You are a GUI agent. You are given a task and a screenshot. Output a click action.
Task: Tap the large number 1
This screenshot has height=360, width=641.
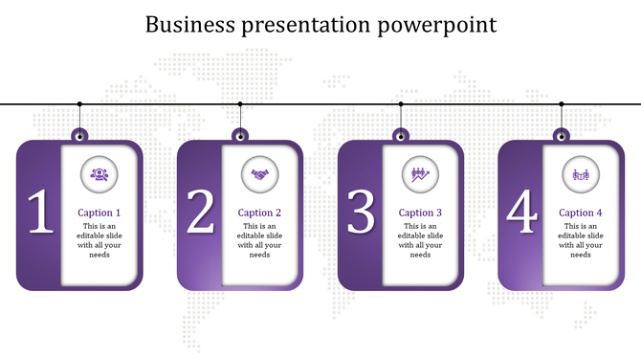39,214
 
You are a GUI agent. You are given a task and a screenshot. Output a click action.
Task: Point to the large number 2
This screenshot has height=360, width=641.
200,214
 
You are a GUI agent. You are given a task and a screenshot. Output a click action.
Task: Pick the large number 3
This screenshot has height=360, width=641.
361,214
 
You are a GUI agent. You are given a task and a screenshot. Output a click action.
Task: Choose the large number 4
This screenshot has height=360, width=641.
521,214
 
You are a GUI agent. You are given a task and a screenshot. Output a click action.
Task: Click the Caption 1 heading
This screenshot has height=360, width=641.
99,213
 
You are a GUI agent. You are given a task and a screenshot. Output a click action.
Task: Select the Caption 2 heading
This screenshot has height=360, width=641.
259,213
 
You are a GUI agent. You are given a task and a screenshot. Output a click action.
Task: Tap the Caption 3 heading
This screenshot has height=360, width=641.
420,213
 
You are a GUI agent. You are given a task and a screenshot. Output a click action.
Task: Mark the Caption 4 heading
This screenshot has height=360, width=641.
581,213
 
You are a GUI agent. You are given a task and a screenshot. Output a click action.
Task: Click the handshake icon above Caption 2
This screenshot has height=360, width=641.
259,173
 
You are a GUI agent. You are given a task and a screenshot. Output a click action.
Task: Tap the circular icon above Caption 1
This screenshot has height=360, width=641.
99,173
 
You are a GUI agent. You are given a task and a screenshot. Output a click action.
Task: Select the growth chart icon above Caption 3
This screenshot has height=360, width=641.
420,173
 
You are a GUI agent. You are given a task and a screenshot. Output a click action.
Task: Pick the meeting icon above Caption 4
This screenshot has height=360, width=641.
581,173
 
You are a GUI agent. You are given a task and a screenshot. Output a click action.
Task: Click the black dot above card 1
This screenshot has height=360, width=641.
79,103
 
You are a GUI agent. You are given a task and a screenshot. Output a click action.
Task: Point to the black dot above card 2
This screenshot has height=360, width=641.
240,103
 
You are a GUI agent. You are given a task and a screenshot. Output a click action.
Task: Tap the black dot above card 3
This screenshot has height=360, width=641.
401,103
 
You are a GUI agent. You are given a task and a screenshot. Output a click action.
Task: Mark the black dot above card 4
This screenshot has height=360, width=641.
562,103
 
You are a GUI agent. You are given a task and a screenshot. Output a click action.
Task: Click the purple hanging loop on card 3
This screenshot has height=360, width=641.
401,134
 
